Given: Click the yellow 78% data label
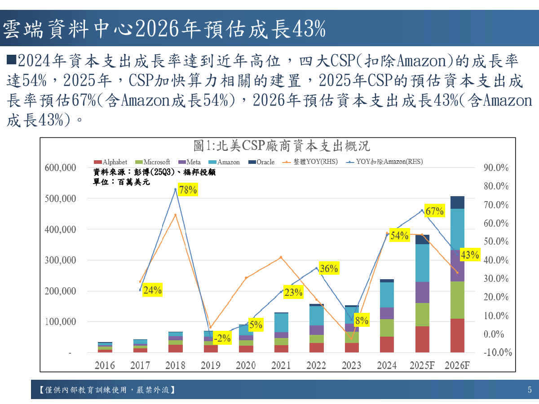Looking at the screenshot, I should point(188,190).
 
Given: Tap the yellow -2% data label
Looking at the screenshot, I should point(222,338).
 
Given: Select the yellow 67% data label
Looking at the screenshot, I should point(434,211).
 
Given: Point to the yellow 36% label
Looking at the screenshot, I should point(329,268).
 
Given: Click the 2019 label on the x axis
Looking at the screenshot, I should point(210,365).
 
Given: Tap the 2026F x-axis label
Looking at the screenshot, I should point(457,365).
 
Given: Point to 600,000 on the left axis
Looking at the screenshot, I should point(60,167).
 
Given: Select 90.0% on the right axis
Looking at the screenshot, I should point(496,168).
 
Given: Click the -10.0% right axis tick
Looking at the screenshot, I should point(498,352).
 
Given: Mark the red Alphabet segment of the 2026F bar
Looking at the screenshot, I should point(457,335).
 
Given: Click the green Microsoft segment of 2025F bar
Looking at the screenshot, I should point(422,315).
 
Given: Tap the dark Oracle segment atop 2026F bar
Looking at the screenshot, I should point(457,202).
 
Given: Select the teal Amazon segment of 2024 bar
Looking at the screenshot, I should point(387,295).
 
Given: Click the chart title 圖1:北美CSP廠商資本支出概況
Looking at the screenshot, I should point(281,146).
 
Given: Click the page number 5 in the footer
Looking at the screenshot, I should point(530,390).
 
